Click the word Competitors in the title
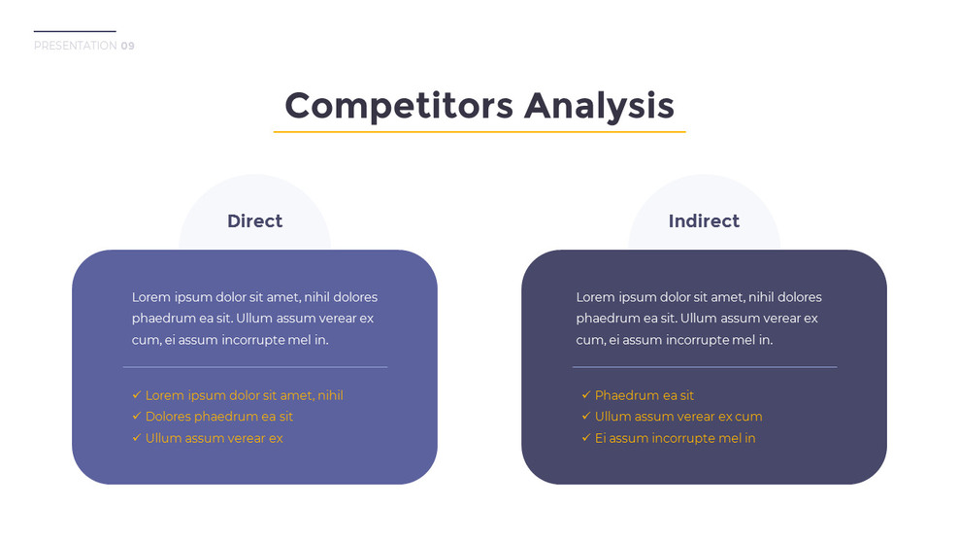coord(399,105)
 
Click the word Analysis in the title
coord(599,105)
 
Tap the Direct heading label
coord(254,221)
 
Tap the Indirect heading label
coord(704,221)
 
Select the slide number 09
coord(128,46)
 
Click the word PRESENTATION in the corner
coord(75,46)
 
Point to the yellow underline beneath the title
coord(479,131)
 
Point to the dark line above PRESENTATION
coord(75,31)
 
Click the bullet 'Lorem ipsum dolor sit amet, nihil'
coord(244,395)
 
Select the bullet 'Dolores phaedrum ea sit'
coord(218,417)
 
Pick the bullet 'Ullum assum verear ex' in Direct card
coord(214,438)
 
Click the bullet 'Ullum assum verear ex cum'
coord(678,417)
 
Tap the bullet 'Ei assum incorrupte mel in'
coord(675,438)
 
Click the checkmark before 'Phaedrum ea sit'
coord(586,395)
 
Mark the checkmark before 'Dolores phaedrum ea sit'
coord(137,417)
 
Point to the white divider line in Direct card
coord(254,367)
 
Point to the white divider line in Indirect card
coord(704,367)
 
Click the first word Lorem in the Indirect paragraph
coord(596,297)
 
